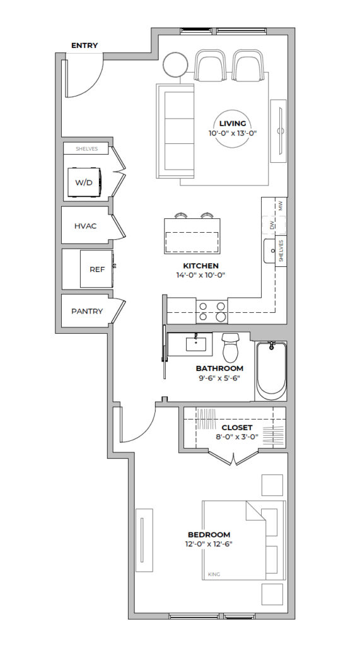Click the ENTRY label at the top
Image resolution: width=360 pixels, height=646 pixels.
click(84, 45)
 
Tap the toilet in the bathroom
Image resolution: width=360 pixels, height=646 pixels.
click(230, 348)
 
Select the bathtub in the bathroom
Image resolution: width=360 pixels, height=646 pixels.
click(271, 370)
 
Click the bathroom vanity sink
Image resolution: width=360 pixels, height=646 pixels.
click(196, 343)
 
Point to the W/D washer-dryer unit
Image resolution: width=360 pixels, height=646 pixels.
click(84, 182)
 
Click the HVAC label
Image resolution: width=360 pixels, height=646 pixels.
click(86, 226)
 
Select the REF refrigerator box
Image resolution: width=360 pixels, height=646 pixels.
click(96, 269)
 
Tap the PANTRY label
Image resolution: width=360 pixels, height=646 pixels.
click(87, 311)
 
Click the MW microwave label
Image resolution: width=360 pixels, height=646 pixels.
click(281, 206)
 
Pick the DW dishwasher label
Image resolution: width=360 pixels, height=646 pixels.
click(272, 225)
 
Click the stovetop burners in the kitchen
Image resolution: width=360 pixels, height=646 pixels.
click(212, 311)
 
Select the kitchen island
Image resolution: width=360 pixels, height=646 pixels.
click(192, 236)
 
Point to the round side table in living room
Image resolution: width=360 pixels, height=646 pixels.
click(176, 64)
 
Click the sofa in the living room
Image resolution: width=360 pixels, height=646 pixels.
click(175, 131)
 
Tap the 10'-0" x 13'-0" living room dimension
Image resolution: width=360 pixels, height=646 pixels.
click(232, 132)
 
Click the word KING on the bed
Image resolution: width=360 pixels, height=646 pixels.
click(214, 574)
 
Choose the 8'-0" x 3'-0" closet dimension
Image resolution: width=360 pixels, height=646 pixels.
click(236, 437)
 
